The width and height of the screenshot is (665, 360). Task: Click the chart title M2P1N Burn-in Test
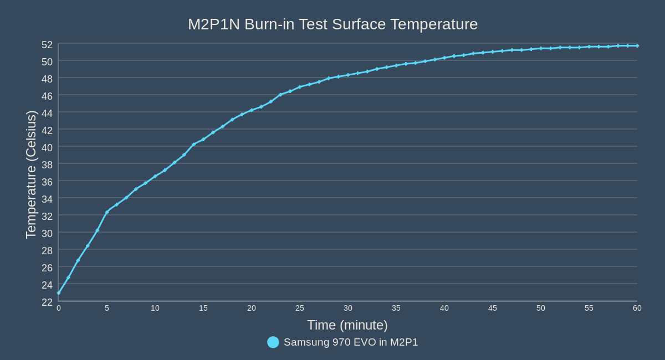coord(332,24)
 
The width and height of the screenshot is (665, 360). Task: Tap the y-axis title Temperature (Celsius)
coord(31,174)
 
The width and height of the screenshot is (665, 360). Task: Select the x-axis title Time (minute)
coord(347,325)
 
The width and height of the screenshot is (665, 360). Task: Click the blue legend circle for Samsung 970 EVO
coord(273,342)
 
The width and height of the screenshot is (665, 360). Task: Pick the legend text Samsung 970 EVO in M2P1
coord(351,342)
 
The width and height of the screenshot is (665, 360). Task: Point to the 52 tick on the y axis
coord(47,44)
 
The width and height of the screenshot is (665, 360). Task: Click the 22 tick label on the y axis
coord(47,302)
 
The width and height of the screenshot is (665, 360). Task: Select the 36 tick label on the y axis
coord(47,182)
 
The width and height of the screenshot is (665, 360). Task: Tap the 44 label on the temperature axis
coord(47,113)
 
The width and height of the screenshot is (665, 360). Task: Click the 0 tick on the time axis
coord(59,308)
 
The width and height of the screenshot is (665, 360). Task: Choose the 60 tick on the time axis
coord(637,308)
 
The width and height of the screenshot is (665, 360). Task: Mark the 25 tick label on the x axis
coord(300,308)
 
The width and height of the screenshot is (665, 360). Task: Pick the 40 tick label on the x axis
coord(444,308)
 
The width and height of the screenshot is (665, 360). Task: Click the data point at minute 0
coord(59,293)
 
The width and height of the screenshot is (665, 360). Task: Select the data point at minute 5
coord(107,212)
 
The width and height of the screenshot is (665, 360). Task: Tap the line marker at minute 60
coord(637,45)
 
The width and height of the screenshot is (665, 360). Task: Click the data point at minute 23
coord(280,95)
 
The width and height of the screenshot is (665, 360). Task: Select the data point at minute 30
coord(348,75)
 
